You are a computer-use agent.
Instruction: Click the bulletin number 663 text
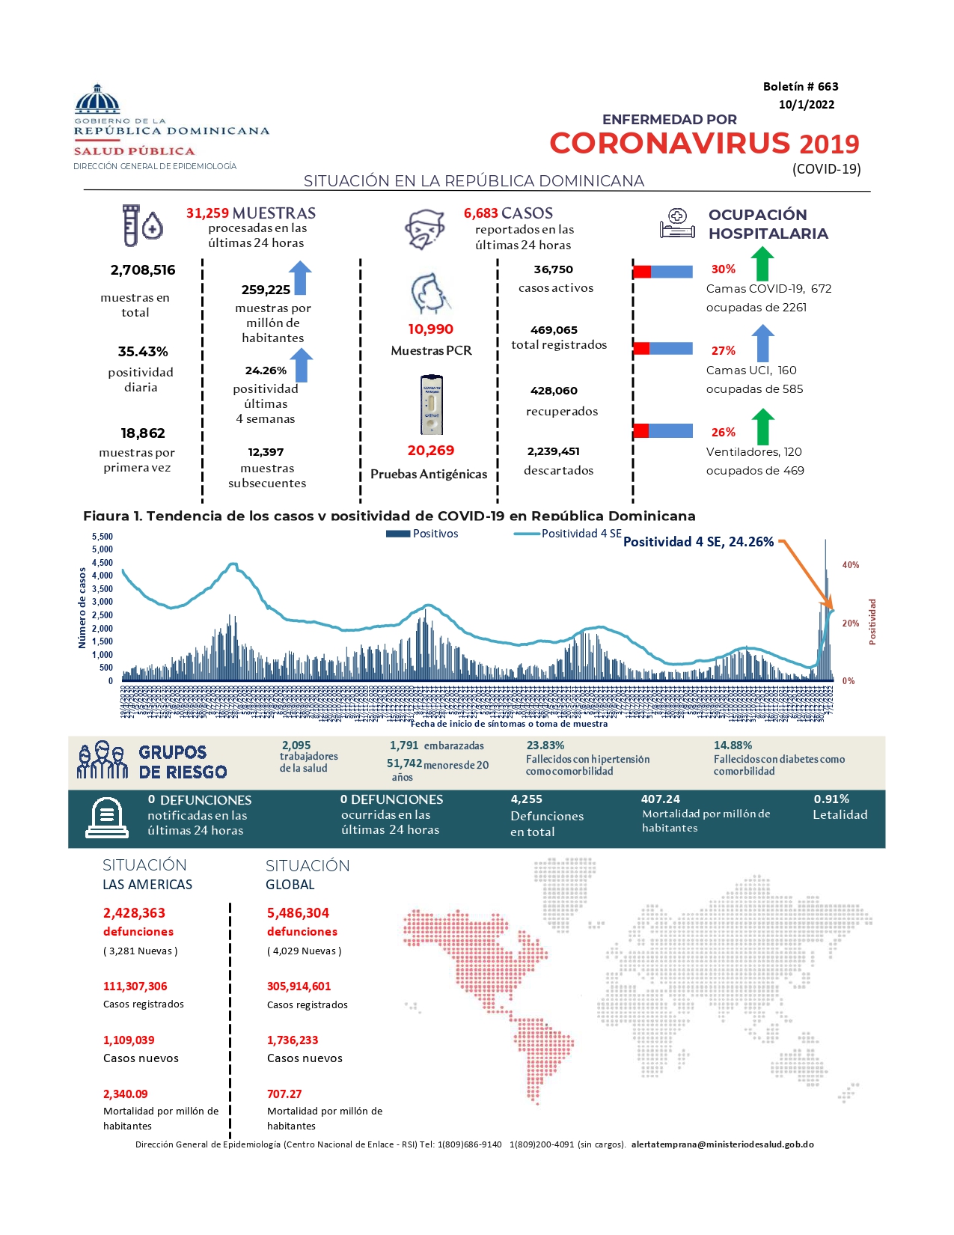coord(800,87)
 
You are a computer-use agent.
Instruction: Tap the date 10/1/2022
coord(806,105)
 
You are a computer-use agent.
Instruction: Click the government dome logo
coord(97,99)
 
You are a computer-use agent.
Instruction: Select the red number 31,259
coord(207,213)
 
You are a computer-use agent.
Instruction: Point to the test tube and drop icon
coord(142,225)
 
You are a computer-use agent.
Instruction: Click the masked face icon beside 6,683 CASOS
coord(425,229)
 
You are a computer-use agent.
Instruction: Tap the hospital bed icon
coord(677,224)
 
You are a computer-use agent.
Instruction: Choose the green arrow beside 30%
coord(762,264)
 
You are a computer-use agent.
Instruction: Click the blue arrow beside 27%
coord(762,344)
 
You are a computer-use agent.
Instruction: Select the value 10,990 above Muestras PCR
coord(430,329)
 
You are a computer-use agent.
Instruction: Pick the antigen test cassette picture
coord(432,405)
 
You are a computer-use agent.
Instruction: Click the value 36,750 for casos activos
coord(553,269)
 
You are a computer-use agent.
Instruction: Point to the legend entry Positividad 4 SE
coord(568,534)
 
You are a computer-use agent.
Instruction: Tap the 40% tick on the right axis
coord(850,565)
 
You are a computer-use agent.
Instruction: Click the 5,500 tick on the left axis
coord(103,537)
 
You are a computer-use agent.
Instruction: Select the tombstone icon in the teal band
coord(106,817)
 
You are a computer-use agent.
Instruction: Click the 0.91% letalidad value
coord(831,799)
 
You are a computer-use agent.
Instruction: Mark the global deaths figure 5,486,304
coord(298,913)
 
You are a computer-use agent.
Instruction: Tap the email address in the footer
coord(722,1144)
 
